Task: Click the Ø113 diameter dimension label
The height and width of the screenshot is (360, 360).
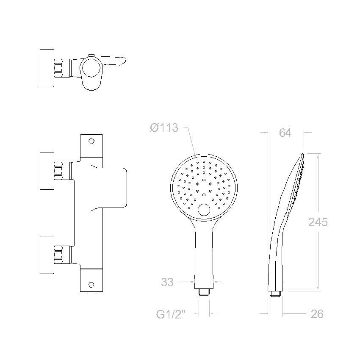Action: [164, 127]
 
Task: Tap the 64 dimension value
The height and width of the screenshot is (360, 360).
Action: [285, 133]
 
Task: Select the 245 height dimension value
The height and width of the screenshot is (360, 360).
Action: [318, 222]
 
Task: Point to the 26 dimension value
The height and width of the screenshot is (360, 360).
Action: [317, 314]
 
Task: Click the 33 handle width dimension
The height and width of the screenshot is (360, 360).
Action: [167, 282]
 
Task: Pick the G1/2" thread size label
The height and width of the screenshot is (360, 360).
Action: [171, 314]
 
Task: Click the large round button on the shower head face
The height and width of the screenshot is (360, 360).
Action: [204, 210]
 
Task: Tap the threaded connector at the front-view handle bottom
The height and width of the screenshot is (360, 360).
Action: [204, 291]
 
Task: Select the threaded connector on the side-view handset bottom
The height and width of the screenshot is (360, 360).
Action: [275, 294]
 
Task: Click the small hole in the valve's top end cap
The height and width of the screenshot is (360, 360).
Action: [91, 141]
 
